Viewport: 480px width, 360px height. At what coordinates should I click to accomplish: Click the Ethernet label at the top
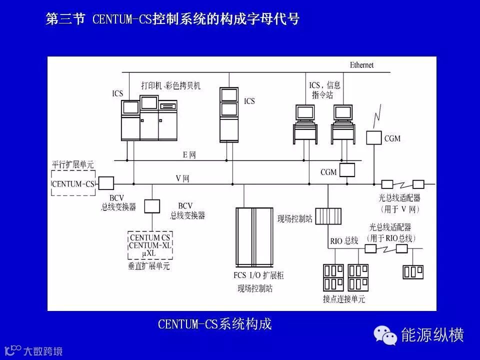pyautogui.click(x=361, y=65)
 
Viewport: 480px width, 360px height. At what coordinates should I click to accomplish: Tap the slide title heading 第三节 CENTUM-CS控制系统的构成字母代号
pyautogui.click(x=172, y=19)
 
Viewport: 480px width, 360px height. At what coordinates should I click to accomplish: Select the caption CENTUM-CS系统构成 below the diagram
pyautogui.click(x=214, y=324)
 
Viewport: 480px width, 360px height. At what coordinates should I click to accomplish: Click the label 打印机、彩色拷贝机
pyautogui.click(x=170, y=85)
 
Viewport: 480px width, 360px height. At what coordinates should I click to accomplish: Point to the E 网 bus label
pyautogui.click(x=189, y=155)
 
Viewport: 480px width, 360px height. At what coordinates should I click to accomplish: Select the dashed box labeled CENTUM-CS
pyautogui.click(x=73, y=184)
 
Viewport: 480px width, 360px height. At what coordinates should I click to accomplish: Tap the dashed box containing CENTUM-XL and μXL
pyautogui.click(x=149, y=245)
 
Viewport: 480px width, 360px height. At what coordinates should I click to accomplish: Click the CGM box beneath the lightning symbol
pyautogui.click(x=374, y=138)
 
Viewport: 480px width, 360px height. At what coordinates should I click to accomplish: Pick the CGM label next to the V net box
pyautogui.click(x=328, y=172)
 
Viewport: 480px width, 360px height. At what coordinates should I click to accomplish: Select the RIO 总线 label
pyautogui.click(x=344, y=241)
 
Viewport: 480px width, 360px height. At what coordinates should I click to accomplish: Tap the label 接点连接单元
pyautogui.click(x=344, y=299)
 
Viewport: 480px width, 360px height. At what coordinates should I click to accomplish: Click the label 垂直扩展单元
pyautogui.click(x=149, y=266)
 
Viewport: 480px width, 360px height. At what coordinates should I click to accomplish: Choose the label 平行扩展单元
pyautogui.click(x=73, y=164)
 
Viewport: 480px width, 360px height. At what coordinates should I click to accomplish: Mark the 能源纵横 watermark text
pyautogui.click(x=432, y=334)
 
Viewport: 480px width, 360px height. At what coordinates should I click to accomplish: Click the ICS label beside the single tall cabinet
pyautogui.click(x=249, y=101)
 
